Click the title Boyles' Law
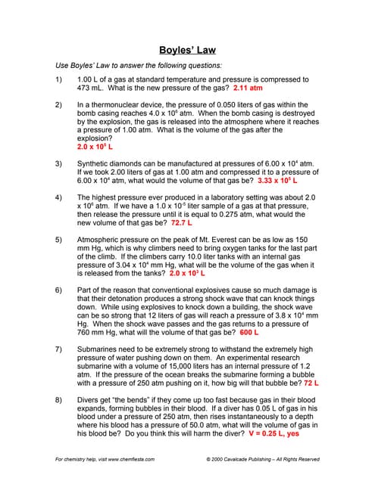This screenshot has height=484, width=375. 187,50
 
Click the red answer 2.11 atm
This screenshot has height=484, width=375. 244,88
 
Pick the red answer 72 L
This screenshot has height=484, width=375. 311,383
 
